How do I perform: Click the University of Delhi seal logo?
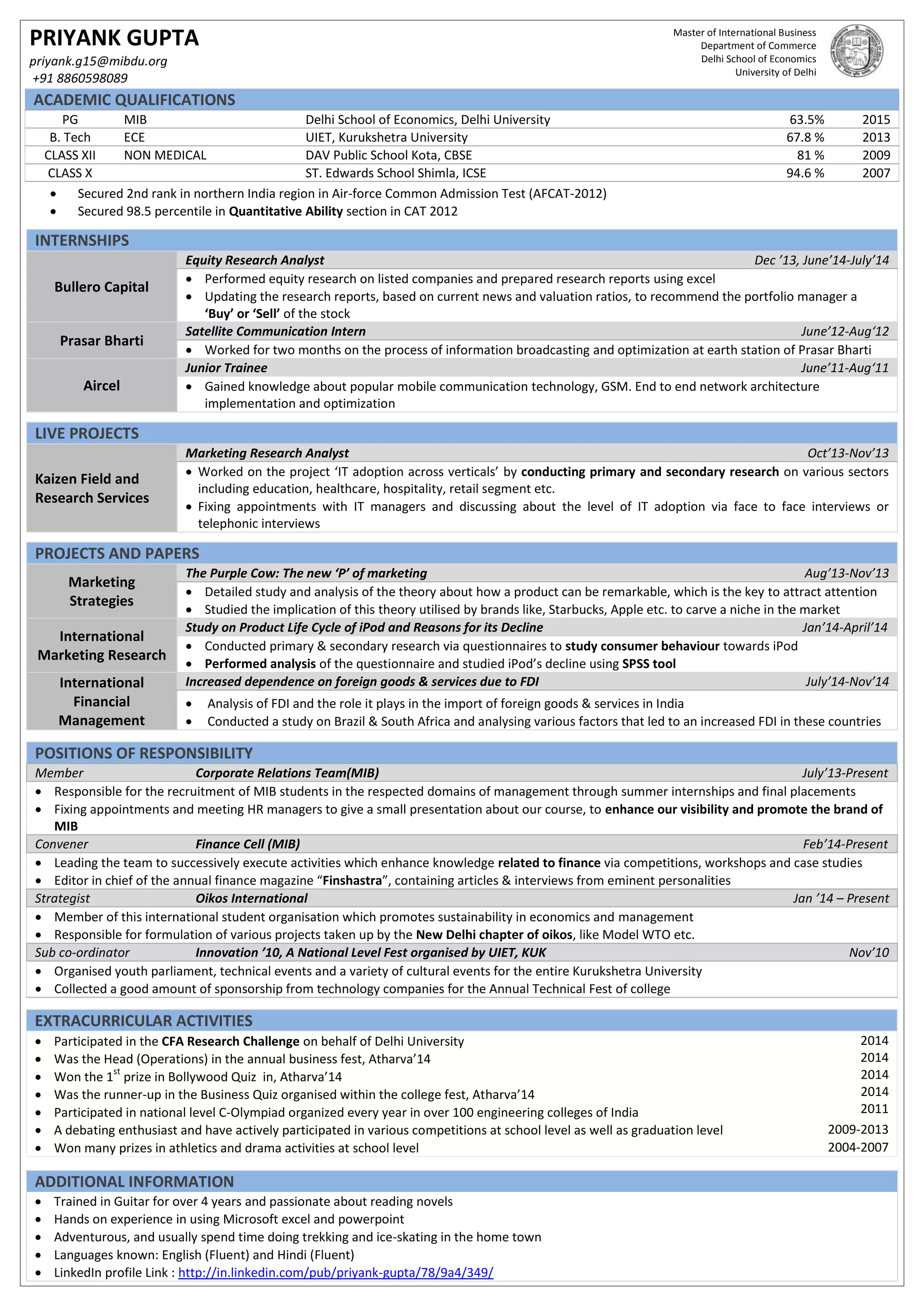pos(856,51)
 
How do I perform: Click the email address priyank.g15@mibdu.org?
pos(98,61)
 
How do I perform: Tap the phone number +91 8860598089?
pos(80,78)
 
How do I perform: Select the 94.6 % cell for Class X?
pos(804,173)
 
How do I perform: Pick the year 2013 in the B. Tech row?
pos(876,137)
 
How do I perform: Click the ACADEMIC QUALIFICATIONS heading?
pos(134,100)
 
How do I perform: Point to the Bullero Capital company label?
pos(101,287)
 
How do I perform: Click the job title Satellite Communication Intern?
pos(275,331)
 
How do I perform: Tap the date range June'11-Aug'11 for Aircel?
pos(844,368)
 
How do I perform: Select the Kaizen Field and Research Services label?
pos(92,488)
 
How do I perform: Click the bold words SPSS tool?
pos(649,664)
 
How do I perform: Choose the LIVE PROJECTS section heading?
pos(87,433)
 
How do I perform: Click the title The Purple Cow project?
pos(306,573)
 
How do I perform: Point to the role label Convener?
pos(61,844)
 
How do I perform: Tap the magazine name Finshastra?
pos(352,881)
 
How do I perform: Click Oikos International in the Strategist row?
pos(251,898)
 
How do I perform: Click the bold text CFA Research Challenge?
pos(231,1041)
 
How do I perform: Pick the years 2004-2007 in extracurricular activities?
pos(857,1147)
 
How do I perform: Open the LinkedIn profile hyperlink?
pos(336,1273)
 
